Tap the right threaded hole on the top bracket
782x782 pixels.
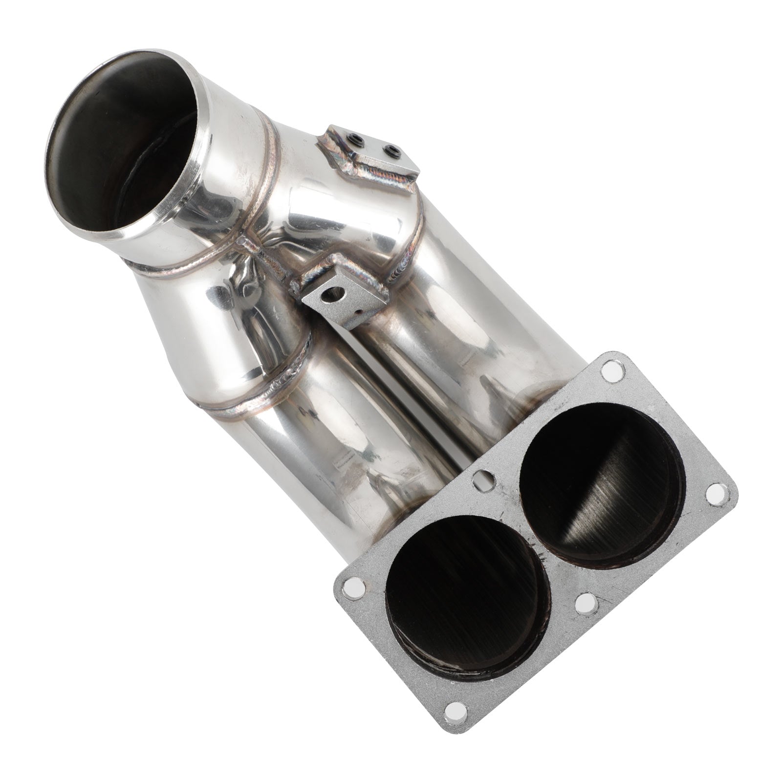[x=391, y=150]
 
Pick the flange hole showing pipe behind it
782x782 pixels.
[x=483, y=482]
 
